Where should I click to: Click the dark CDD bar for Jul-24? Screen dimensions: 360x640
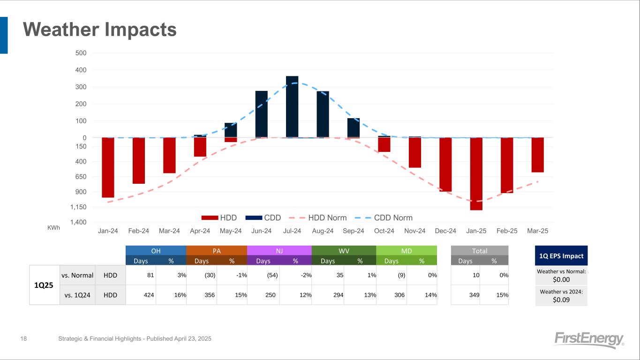(x=292, y=107)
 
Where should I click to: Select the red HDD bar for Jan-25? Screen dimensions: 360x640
(x=476, y=173)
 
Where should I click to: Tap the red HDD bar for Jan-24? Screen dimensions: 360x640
(x=108, y=167)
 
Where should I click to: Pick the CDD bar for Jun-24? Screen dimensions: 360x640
(x=261, y=114)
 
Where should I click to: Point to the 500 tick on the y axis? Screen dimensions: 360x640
(x=81, y=53)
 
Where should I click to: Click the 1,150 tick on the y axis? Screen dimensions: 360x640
(x=78, y=207)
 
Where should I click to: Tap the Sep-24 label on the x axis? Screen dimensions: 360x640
(x=354, y=231)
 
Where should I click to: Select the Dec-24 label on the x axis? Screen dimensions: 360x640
(x=445, y=231)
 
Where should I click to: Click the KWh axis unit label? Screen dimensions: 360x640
(x=54, y=228)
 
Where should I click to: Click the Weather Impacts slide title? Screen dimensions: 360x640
(x=100, y=30)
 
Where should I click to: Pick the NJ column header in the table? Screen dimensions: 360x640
(x=279, y=251)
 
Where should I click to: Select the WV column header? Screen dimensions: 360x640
(x=344, y=251)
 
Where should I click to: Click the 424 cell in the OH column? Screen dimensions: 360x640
(x=141, y=295)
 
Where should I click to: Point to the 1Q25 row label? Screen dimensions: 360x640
(x=44, y=285)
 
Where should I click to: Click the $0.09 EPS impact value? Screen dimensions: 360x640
(x=561, y=300)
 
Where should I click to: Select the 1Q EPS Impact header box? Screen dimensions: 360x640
(x=561, y=256)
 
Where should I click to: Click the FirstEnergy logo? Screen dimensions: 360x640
(x=589, y=340)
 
